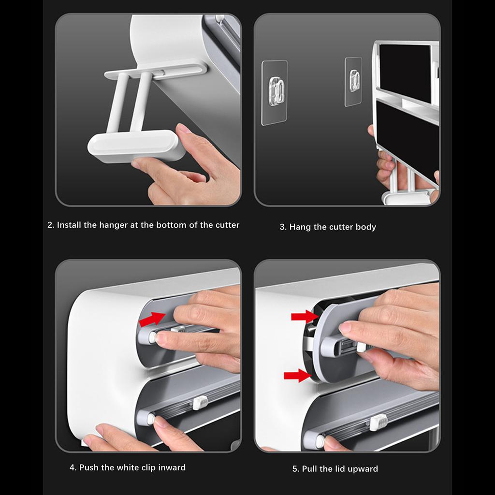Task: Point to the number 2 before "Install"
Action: (50, 225)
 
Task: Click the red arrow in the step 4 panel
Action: (152, 319)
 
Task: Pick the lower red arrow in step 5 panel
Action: (297, 376)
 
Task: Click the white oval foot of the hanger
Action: (136, 146)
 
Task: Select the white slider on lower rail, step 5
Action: (378, 422)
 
